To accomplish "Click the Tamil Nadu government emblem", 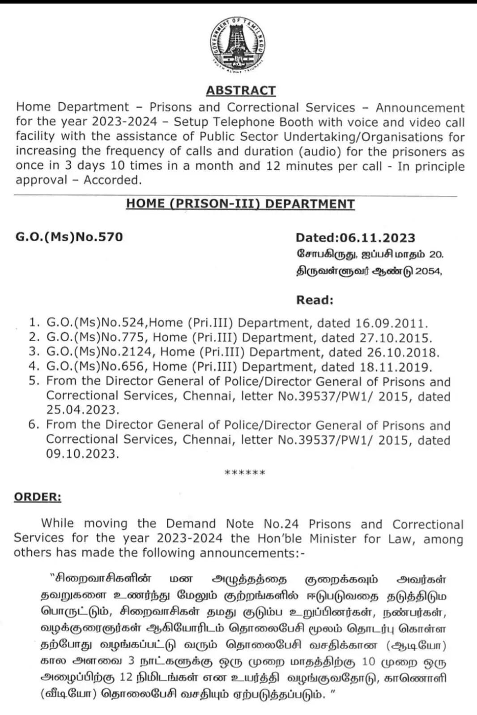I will coord(238,46).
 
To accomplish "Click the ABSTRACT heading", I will coord(241,90).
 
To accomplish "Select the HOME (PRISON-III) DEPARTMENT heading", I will coord(240,204).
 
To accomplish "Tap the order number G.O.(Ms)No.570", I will coord(69,237).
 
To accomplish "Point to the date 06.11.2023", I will coord(377,238).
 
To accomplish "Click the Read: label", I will coord(315,300).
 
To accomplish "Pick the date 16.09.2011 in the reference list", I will coord(392,323).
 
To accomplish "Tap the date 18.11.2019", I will coord(396,367).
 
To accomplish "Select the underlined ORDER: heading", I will coord(38,497).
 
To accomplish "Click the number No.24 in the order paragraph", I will coord(281,524).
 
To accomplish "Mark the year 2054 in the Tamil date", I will coord(428,271).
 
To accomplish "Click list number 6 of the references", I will coord(34,424).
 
